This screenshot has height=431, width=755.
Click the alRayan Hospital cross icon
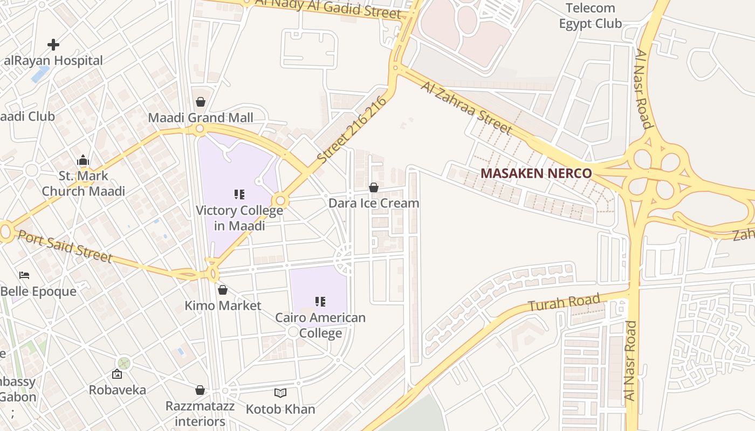click(53, 44)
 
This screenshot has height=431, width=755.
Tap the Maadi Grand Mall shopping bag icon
click(201, 102)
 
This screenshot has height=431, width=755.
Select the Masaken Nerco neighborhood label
click(536, 173)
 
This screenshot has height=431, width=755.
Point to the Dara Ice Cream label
click(374, 203)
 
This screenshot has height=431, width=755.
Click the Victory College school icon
click(239, 194)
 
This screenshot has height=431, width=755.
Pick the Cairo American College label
click(320, 325)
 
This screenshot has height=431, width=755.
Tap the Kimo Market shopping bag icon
click(223, 290)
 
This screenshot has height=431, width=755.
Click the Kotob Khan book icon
click(280, 393)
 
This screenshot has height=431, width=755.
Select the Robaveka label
click(117, 390)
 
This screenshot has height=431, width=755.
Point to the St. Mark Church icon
click(83, 160)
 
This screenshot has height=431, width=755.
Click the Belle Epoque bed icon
click(24, 275)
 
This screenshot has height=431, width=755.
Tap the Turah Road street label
click(564, 303)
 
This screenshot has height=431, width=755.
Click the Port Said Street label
click(65, 246)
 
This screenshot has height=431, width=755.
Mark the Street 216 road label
click(353, 130)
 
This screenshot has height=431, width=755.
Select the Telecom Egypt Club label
click(590, 16)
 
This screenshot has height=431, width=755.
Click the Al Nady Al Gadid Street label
click(328, 9)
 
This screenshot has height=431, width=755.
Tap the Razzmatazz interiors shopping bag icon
click(200, 390)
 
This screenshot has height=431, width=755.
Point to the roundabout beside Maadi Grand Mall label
click(200, 129)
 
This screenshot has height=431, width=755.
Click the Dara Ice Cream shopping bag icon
click(373, 187)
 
